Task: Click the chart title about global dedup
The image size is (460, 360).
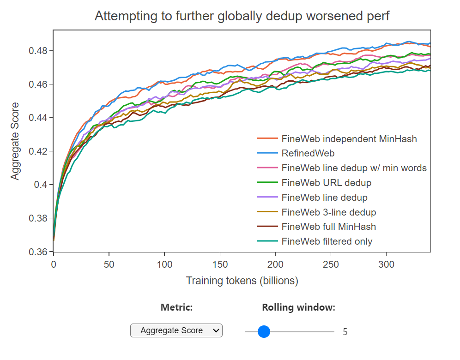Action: tap(242, 16)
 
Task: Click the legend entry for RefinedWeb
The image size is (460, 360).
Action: tap(308, 153)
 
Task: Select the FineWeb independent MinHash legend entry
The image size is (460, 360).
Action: tap(349, 138)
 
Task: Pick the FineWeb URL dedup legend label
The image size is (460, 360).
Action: tap(327, 183)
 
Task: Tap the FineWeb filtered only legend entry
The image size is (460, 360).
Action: tap(327, 241)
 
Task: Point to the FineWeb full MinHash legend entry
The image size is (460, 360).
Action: tap(329, 227)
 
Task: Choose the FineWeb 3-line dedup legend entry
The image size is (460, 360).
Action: tap(329, 212)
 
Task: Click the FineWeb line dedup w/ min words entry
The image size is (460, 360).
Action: tap(354, 168)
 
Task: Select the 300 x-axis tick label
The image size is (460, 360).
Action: tap(386, 264)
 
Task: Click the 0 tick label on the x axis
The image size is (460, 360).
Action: tap(54, 264)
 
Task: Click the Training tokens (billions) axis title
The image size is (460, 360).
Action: tap(242, 281)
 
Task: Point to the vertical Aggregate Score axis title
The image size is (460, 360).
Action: tap(15, 141)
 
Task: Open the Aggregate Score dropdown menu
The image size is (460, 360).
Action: tap(176, 330)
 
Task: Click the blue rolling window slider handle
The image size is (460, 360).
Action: tap(264, 331)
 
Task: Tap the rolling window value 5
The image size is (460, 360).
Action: tap(345, 331)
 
